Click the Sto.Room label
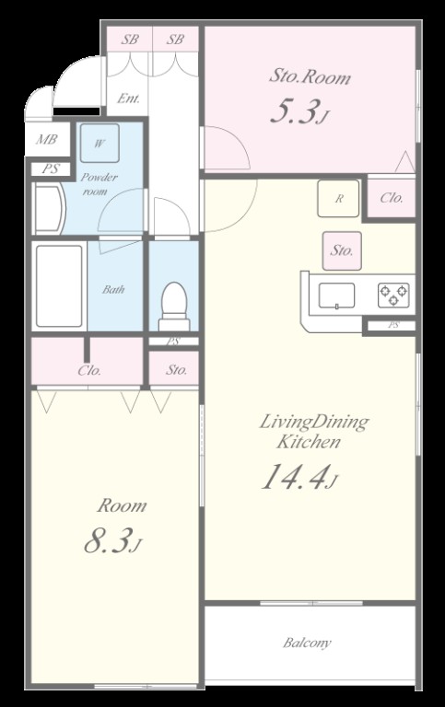[310, 76]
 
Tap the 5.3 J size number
[298, 111]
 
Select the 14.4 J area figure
[299, 477]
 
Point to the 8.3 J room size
[112, 540]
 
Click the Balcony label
[307, 642]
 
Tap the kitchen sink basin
[336, 296]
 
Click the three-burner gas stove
[393, 296]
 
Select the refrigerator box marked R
[338, 199]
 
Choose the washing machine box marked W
[100, 144]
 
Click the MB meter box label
[47, 139]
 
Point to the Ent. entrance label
[128, 98]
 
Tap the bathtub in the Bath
[59, 285]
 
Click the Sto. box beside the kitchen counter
[342, 250]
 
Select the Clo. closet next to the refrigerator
[391, 198]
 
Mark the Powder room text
[100, 184]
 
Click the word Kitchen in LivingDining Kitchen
[309, 442]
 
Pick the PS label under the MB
[51, 169]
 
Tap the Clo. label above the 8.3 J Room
[89, 370]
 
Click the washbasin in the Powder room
[49, 208]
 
